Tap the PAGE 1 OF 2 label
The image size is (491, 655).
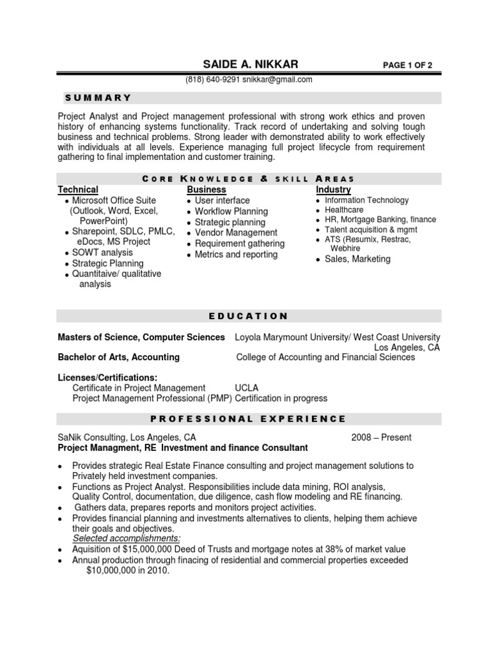tap(407, 65)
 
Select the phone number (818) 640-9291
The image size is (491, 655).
tap(213, 80)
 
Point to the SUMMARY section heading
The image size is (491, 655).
tap(98, 98)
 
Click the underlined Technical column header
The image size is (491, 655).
tap(78, 190)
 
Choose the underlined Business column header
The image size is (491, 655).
tap(206, 190)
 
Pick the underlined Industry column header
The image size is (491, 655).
tap(333, 190)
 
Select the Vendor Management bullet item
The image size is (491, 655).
tap(236, 233)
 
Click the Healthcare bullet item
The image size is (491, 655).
tap(344, 210)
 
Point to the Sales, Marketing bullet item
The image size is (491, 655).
tap(357, 259)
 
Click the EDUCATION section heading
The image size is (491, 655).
tap(249, 316)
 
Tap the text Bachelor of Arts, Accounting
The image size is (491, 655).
tap(119, 358)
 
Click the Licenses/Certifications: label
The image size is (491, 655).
tap(107, 377)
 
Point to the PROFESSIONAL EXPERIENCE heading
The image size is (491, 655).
tap(249, 419)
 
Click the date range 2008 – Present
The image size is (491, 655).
tap(381, 438)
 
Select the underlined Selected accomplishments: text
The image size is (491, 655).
tap(127, 539)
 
